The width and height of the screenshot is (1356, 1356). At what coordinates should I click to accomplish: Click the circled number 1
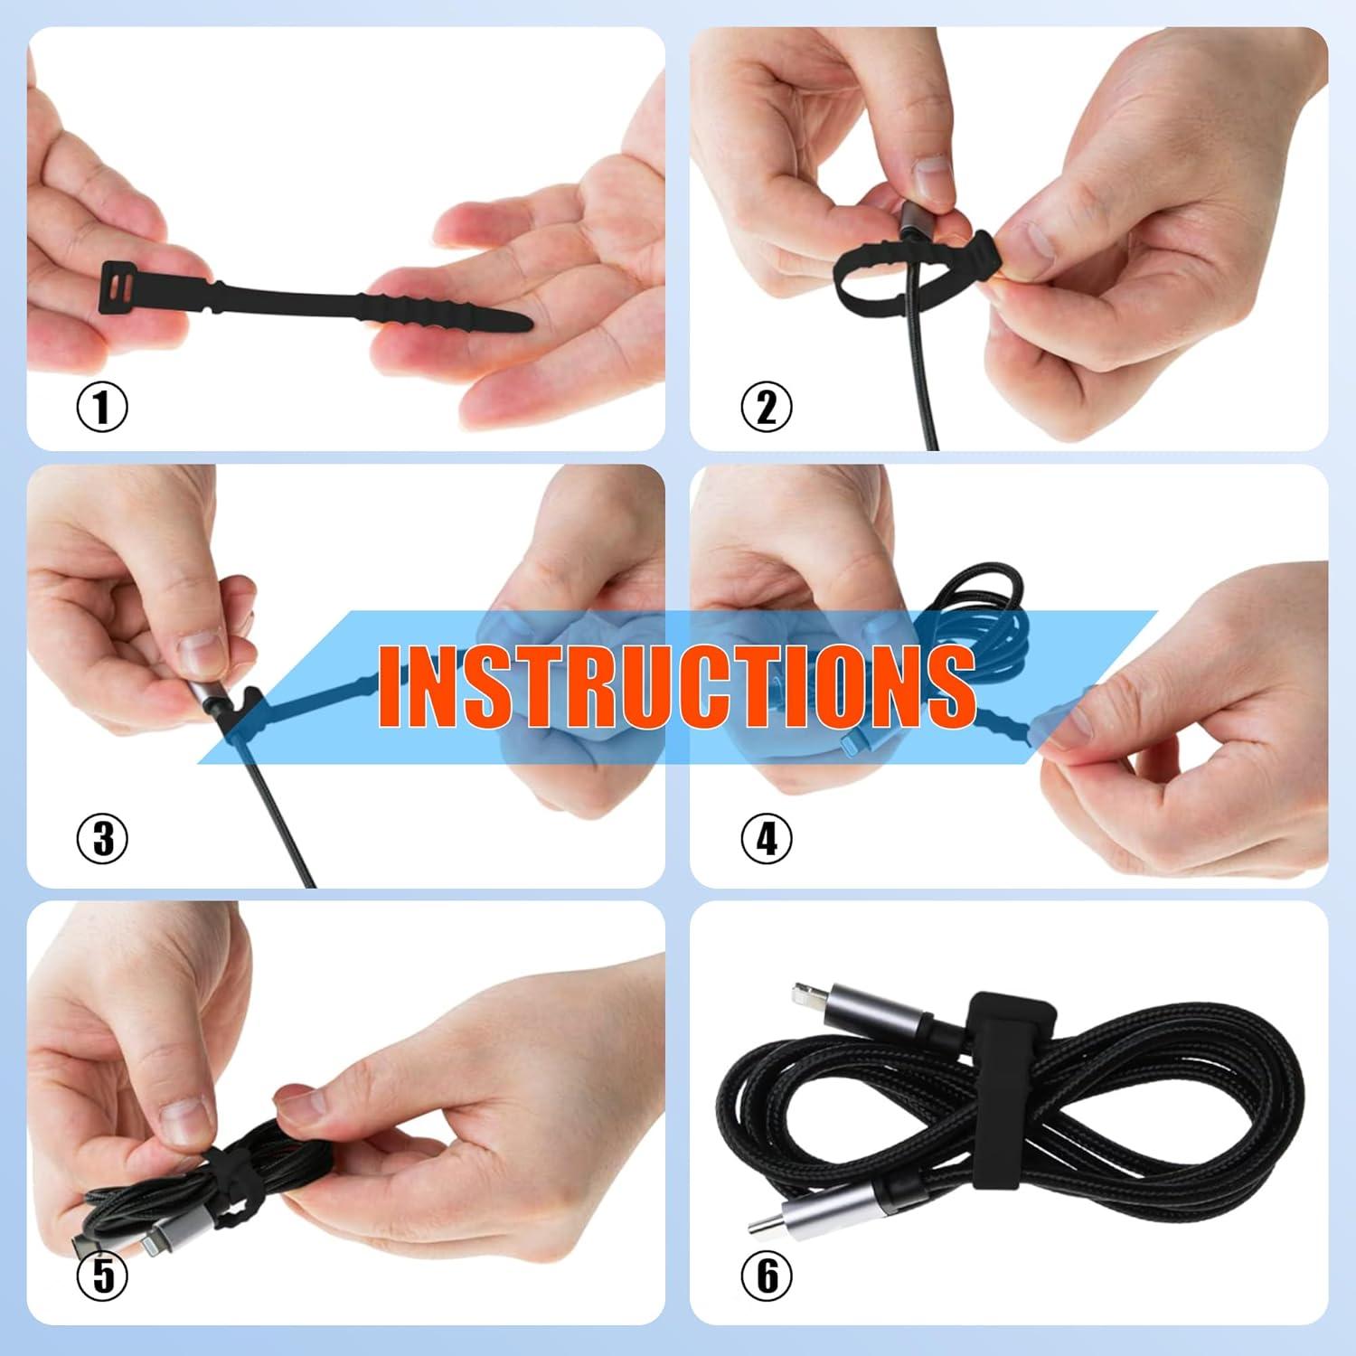(102, 407)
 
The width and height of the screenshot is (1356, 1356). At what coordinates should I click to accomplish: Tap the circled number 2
(766, 407)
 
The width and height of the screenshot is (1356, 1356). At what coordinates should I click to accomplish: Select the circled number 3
(102, 838)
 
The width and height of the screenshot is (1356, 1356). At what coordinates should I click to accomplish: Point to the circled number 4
(766, 838)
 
